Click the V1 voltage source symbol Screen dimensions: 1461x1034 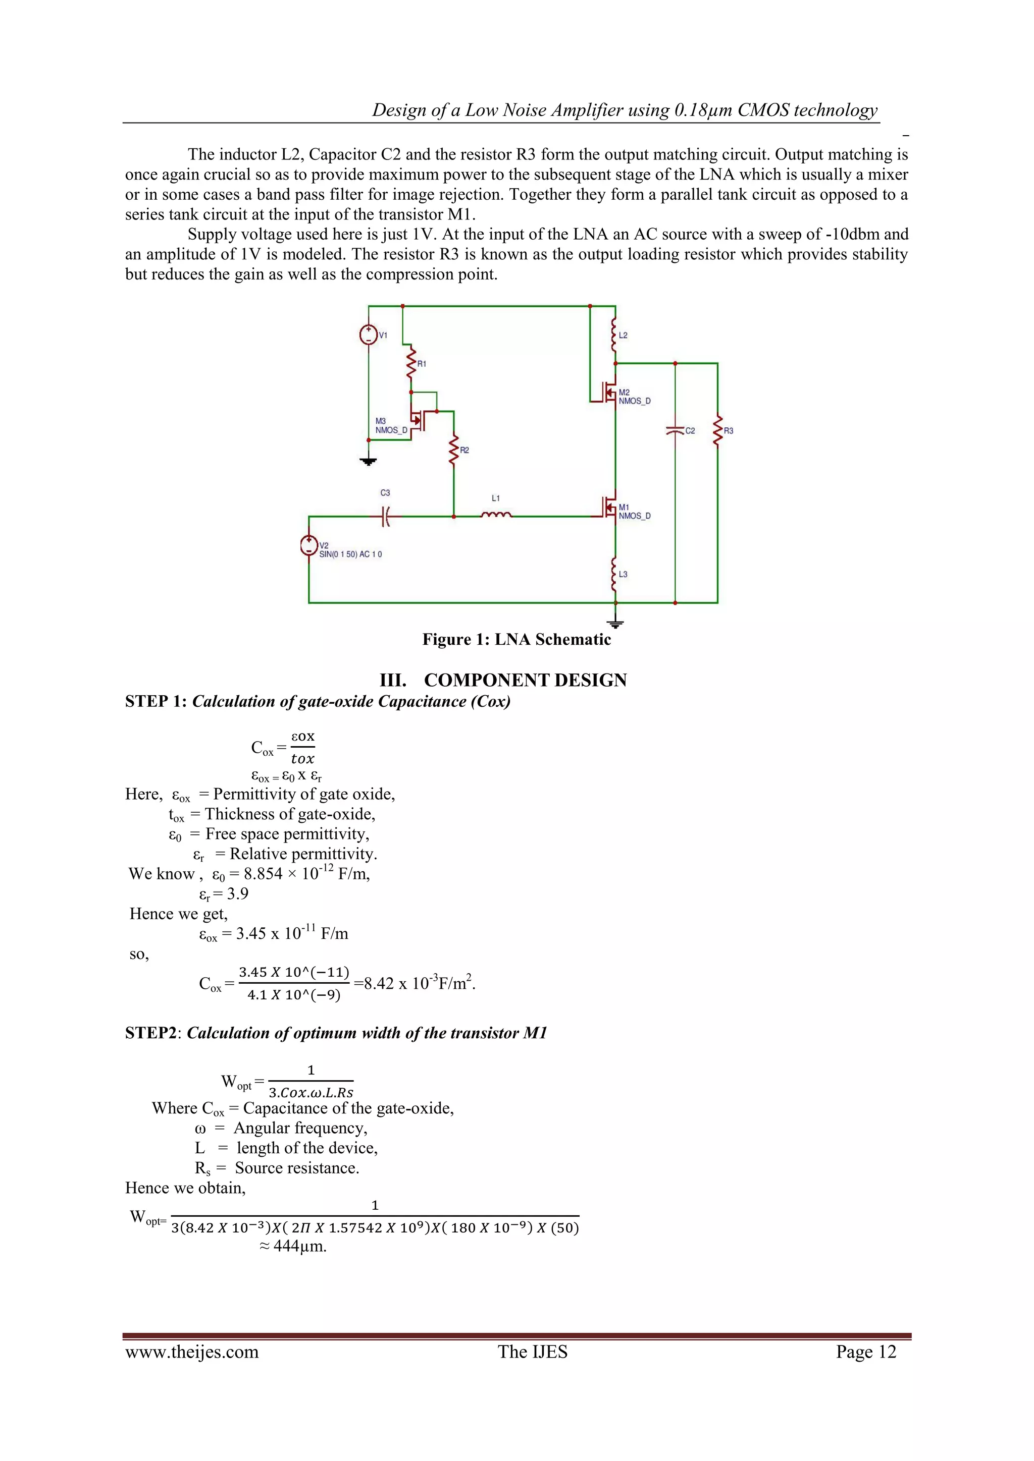click(369, 334)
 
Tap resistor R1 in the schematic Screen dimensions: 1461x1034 click(411, 363)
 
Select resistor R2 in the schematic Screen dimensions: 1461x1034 click(454, 450)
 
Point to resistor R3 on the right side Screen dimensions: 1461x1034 click(717, 431)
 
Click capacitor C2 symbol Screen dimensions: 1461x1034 click(675, 431)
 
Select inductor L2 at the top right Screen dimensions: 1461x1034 click(615, 335)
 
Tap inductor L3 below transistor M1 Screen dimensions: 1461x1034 click(615, 574)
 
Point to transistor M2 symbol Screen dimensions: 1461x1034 click(608, 395)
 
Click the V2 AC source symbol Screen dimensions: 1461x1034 click(309, 546)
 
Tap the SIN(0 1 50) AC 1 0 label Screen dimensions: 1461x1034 click(351, 554)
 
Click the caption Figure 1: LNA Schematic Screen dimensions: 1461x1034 click(516, 640)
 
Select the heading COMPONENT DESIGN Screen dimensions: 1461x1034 click(525, 680)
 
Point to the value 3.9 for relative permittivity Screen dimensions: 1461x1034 click(237, 894)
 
